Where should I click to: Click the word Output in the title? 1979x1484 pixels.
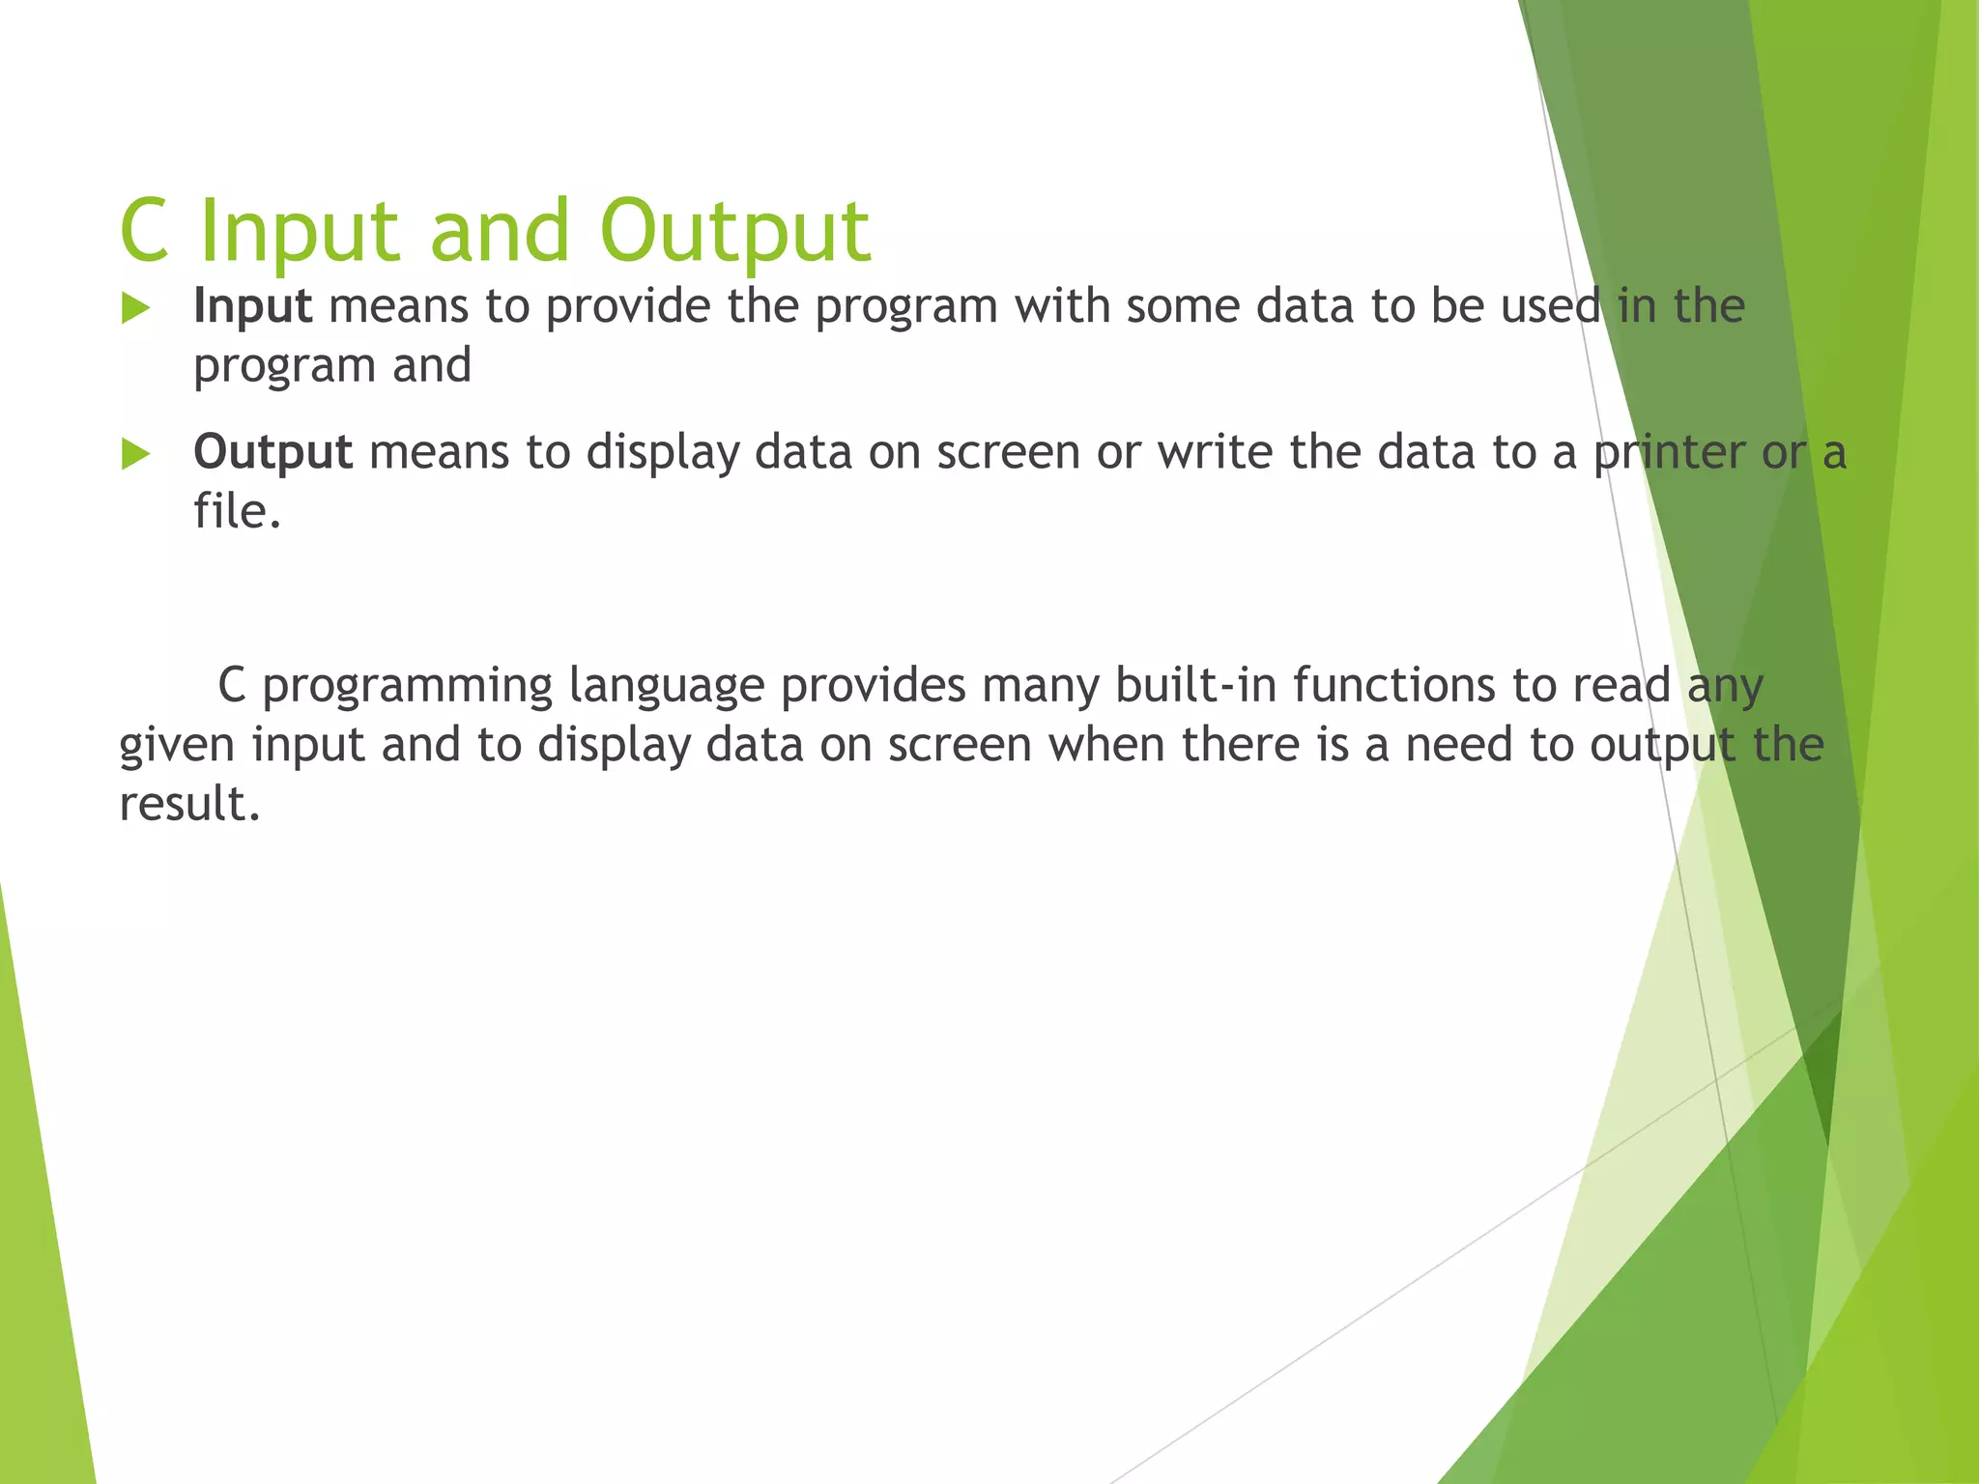[734, 232]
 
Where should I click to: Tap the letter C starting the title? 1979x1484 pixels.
[145, 232]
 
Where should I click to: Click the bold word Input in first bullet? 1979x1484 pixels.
[252, 306]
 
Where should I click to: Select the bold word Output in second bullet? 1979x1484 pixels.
[273, 452]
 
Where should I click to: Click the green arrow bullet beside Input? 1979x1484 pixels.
[136, 309]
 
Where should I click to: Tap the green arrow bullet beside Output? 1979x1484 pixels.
[136, 454]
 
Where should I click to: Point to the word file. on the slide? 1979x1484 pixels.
[237, 511]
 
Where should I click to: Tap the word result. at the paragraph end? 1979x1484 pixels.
[189, 804]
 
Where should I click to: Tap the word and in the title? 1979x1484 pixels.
[500, 232]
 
